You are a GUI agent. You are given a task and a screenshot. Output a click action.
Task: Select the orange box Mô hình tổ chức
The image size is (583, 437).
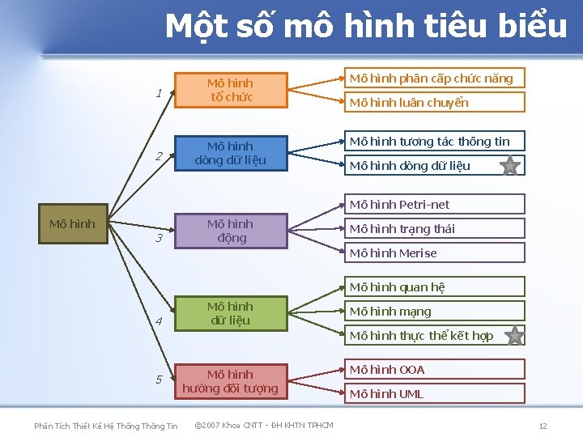click(230, 90)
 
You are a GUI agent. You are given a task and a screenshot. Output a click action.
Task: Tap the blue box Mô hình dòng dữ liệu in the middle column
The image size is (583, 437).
click(230, 153)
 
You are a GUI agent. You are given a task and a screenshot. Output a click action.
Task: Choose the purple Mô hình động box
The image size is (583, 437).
click(230, 231)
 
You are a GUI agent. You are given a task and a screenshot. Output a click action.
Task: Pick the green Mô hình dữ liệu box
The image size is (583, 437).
click(230, 313)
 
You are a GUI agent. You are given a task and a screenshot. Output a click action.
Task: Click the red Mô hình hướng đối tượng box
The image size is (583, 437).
click(230, 381)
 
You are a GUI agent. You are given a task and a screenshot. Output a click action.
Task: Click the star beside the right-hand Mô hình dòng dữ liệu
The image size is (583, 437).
click(510, 167)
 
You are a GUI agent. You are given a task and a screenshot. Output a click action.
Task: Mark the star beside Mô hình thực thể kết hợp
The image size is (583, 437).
click(513, 335)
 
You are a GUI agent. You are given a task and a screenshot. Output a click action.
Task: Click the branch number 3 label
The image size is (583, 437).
click(160, 239)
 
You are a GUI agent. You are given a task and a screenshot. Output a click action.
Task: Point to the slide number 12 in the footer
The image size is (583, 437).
click(543, 426)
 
